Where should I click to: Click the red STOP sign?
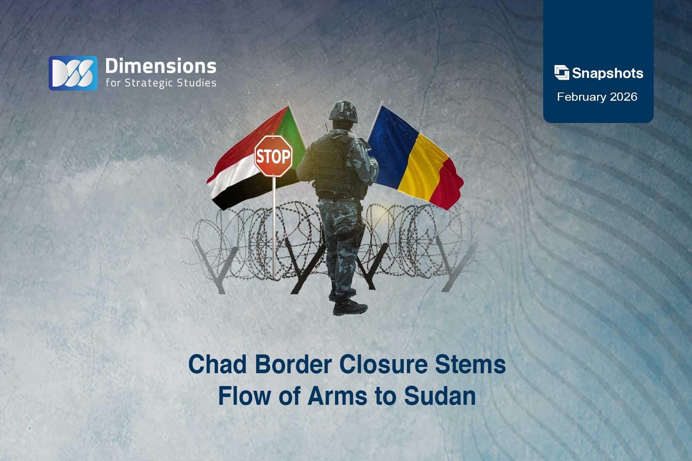tap(273, 156)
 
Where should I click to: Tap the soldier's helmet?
tap(343, 110)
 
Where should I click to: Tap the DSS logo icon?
tap(73, 73)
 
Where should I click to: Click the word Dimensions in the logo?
tap(161, 66)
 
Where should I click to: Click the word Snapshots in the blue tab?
tap(607, 73)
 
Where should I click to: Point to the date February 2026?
tap(597, 97)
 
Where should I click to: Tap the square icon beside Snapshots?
tap(562, 73)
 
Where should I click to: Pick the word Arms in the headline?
tap(337, 396)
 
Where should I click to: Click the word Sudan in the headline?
tap(440, 396)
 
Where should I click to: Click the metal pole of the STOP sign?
tap(274, 226)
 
